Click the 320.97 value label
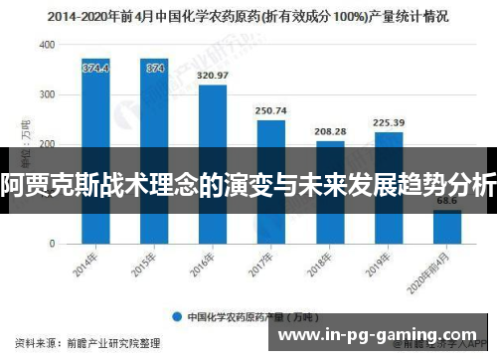click(213, 76)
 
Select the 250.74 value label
click(270, 110)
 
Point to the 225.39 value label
click(388, 123)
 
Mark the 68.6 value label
click(446, 202)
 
